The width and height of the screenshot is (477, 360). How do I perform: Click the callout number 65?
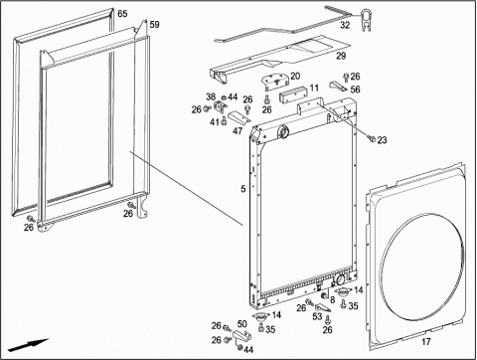(x=122, y=14)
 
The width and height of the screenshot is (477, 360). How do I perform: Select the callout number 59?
(x=154, y=25)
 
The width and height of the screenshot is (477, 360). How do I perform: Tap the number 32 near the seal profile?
(x=345, y=25)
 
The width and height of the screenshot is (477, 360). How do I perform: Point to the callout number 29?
(x=341, y=56)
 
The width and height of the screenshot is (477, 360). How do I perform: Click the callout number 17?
(x=426, y=341)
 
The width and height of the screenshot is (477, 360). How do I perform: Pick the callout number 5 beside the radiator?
(x=243, y=189)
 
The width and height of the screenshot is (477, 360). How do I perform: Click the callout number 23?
(x=382, y=140)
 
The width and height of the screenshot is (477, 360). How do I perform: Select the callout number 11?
(x=314, y=88)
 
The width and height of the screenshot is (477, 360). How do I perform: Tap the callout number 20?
(x=295, y=77)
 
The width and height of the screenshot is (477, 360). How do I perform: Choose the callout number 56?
(x=355, y=90)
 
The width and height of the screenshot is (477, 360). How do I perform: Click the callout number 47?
(x=238, y=131)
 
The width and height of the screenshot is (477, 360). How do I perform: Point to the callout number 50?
(x=242, y=324)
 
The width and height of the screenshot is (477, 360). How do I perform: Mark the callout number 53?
(x=317, y=316)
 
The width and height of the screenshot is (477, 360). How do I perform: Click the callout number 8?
(x=332, y=299)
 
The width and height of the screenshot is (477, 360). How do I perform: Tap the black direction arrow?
(x=29, y=345)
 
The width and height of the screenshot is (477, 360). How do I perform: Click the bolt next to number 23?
(x=373, y=139)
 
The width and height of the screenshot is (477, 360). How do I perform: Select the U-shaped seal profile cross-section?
(x=365, y=21)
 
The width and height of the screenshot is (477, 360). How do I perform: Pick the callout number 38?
(x=211, y=97)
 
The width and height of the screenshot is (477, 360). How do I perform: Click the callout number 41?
(x=215, y=122)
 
